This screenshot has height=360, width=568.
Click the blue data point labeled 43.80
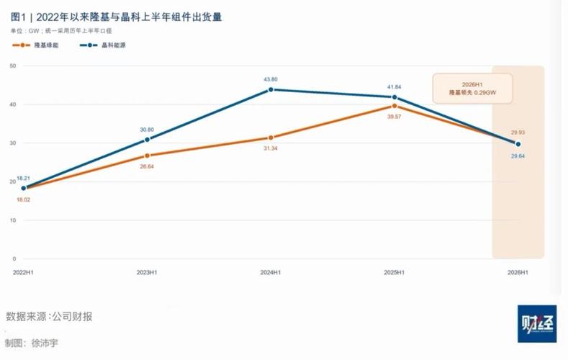pos(271,89)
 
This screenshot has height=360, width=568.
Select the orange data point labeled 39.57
pos(395,106)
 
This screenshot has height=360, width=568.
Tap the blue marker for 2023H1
pos(147,140)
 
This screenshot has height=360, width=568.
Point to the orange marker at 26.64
pos(147,156)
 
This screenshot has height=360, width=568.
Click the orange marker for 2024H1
pos(271,138)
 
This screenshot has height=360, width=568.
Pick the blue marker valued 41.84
pos(395,97)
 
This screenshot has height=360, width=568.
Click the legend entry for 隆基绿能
pos(35,45)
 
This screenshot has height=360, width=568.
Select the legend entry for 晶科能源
pos(103,45)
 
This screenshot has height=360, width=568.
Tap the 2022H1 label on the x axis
pos(23,272)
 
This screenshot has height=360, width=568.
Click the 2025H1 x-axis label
pos(394,272)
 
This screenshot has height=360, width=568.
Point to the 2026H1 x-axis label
pos(518,272)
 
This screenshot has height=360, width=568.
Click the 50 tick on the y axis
pos(13,66)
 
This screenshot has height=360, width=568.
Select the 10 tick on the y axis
pos(13,220)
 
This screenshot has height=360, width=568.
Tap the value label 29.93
pos(518,132)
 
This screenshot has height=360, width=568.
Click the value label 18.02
pos(23,199)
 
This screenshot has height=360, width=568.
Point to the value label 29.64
pos(518,156)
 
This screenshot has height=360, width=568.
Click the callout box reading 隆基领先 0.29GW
pos(473,89)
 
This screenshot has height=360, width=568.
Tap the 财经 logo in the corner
pos(537,324)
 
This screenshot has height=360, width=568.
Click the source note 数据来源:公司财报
pos(49,317)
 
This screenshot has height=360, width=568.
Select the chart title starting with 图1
pos(117,17)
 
